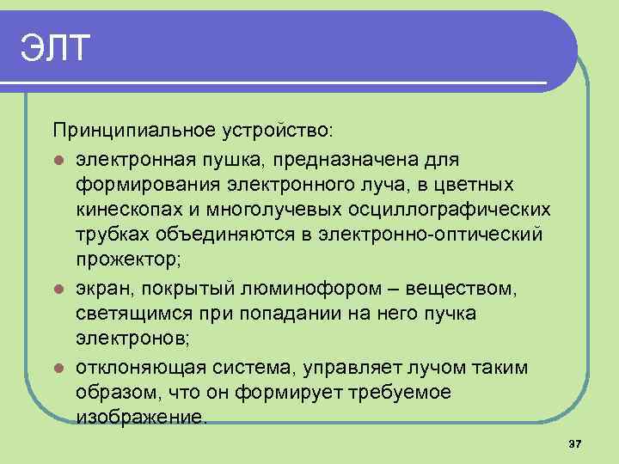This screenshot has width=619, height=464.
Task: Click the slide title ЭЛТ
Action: tap(54, 49)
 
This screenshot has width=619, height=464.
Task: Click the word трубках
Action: tap(110, 235)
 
